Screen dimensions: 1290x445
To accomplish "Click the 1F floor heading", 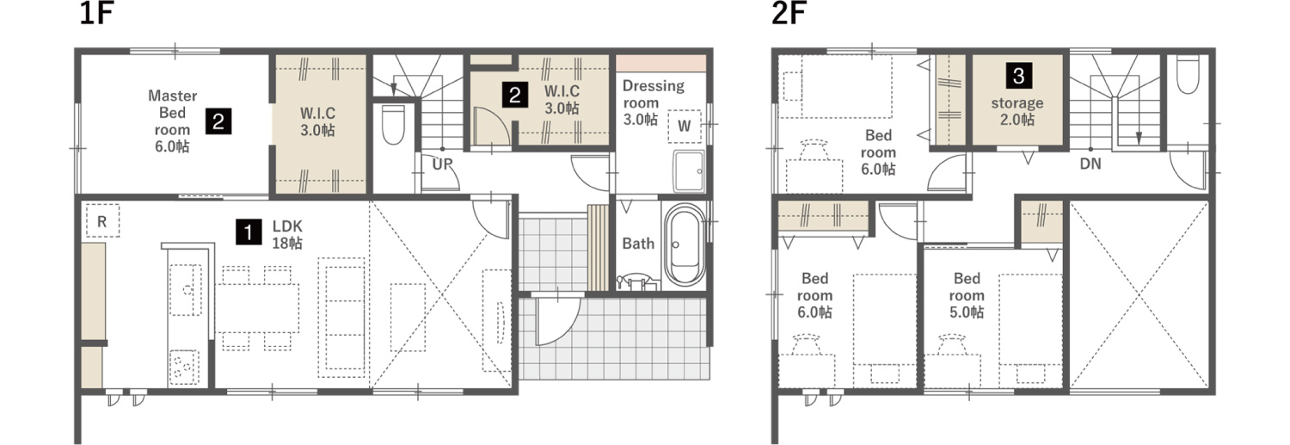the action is (x=95, y=13).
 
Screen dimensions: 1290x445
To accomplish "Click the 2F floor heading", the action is (x=789, y=13).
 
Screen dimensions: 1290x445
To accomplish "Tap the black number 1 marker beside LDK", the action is (x=249, y=232).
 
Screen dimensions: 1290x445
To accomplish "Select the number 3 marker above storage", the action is (x=1019, y=76).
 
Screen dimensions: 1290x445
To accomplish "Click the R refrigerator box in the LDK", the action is (x=102, y=220).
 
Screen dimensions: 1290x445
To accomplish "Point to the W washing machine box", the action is (x=685, y=127).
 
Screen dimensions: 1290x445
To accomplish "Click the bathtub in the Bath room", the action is (x=685, y=244).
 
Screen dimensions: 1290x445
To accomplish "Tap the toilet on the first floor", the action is (x=393, y=124).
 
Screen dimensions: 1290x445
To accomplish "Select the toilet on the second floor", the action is (x=1188, y=74).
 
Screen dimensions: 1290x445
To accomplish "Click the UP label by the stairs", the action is (x=442, y=164).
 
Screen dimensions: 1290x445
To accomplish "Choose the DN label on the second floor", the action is (x=1090, y=164).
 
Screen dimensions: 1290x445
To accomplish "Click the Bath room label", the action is (x=638, y=244).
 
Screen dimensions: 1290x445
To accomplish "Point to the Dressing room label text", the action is (x=654, y=95).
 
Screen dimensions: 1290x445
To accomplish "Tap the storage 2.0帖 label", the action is (x=1017, y=111).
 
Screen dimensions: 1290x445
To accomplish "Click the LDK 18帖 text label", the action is (x=287, y=235).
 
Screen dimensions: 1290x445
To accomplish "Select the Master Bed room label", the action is (x=172, y=113).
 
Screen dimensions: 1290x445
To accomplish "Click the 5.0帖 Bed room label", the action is (x=967, y=295).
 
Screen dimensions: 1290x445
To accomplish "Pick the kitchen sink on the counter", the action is (x=186, y=290).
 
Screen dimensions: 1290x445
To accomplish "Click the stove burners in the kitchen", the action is (x=184, y=368).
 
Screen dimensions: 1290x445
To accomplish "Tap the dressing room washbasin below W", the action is (x=689, y=171).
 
